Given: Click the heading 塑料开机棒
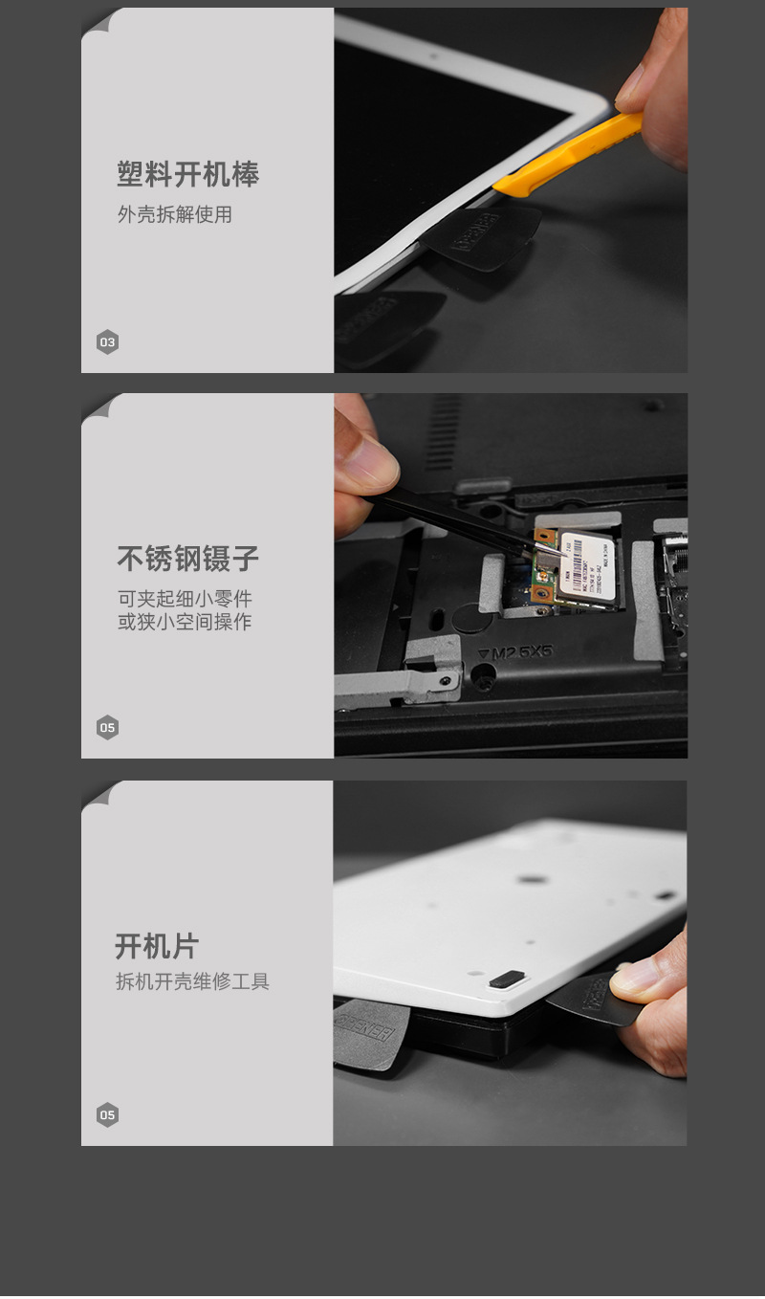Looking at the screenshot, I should [x=187, y=175].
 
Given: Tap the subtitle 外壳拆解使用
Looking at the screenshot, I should [x=174, y=214].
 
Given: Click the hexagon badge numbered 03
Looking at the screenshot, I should [x=107, y=342].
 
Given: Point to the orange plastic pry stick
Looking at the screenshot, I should [x=564, y=155].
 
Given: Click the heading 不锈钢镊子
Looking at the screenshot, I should [x=187, y=559].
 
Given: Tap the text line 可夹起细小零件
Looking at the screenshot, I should [x=184, y=599].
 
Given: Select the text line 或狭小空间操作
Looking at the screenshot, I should [x=184, y=622].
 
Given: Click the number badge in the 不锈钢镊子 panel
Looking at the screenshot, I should [x=107, y=728].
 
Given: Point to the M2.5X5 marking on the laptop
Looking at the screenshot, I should [x=516, y=652].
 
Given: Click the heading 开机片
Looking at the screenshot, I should [x=157, y=946].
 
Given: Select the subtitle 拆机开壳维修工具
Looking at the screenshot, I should [x=192, y=981].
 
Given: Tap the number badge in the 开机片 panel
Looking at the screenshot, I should [x=107, y=1115].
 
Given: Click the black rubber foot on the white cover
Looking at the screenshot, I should [x=507, y=979].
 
